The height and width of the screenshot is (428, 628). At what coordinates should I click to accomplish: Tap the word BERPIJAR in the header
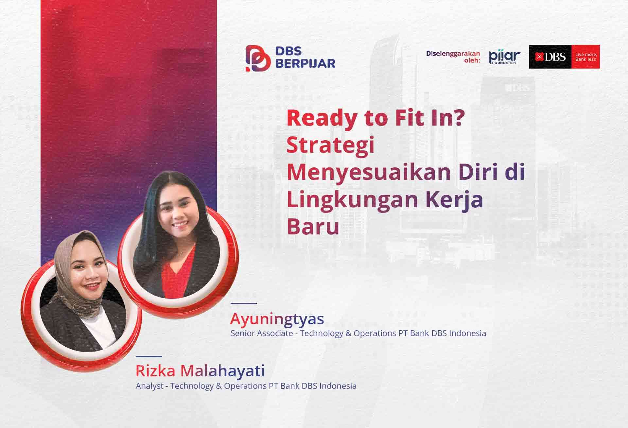pos(305,63)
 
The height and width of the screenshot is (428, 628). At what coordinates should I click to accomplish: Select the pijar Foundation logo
pos(505,57)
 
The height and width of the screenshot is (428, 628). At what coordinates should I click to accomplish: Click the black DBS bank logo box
pos(550,57)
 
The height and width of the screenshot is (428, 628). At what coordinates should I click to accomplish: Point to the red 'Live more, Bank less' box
pos(585,57)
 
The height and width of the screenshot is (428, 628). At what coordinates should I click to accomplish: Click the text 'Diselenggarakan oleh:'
pos(453,57)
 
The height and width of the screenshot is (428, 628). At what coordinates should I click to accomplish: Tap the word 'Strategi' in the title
pos(330,146)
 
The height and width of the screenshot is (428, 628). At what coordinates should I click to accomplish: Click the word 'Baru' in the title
pos(313,227)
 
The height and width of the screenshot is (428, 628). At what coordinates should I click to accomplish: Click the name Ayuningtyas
pos(277,318)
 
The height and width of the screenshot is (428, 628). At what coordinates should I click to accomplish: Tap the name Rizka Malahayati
pos(200,371)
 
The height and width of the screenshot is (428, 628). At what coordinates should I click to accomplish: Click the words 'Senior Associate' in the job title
pos(262,333)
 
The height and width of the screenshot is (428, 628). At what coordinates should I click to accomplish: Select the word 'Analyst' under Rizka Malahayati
pos(149,386)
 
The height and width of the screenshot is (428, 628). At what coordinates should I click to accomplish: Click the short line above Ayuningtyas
pos(244,303)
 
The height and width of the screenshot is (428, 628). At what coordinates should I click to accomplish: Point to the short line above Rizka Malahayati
pos(149,356)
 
